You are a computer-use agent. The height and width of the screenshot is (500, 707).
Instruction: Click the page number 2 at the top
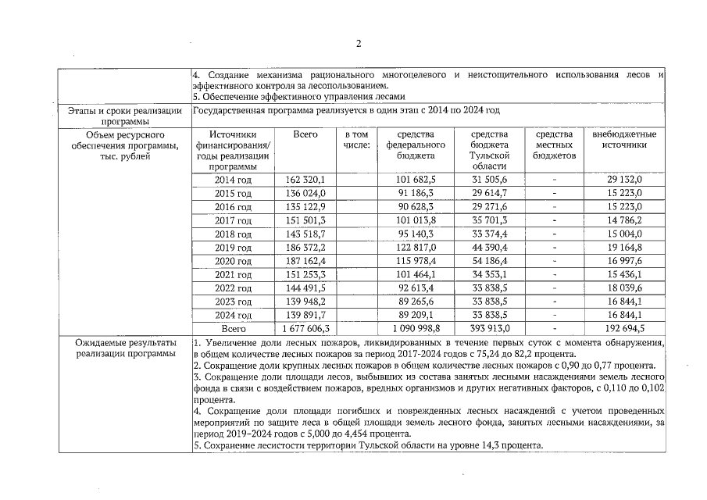(x=359, y=44)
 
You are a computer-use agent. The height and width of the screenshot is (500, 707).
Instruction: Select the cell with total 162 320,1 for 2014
(x=305, y=180)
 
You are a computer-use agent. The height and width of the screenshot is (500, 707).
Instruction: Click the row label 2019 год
(x=233, y=248)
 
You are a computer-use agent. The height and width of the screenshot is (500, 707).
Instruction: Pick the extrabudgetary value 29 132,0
(x=624, y=180)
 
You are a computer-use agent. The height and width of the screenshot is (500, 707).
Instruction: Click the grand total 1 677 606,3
(x=305, y=329)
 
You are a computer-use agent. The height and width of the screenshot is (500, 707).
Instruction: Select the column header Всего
(x=305, y=135)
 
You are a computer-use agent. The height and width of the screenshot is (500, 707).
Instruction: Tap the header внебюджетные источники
(x=624, y=140)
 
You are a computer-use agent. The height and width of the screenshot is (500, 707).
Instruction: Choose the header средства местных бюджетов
(x=554, y=145)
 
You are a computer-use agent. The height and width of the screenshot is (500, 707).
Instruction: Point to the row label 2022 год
(x=233, y=288)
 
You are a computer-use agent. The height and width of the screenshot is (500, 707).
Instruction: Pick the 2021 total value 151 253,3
(x=305, y=275)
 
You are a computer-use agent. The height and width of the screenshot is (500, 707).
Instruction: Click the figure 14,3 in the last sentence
(x=490, y=445)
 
